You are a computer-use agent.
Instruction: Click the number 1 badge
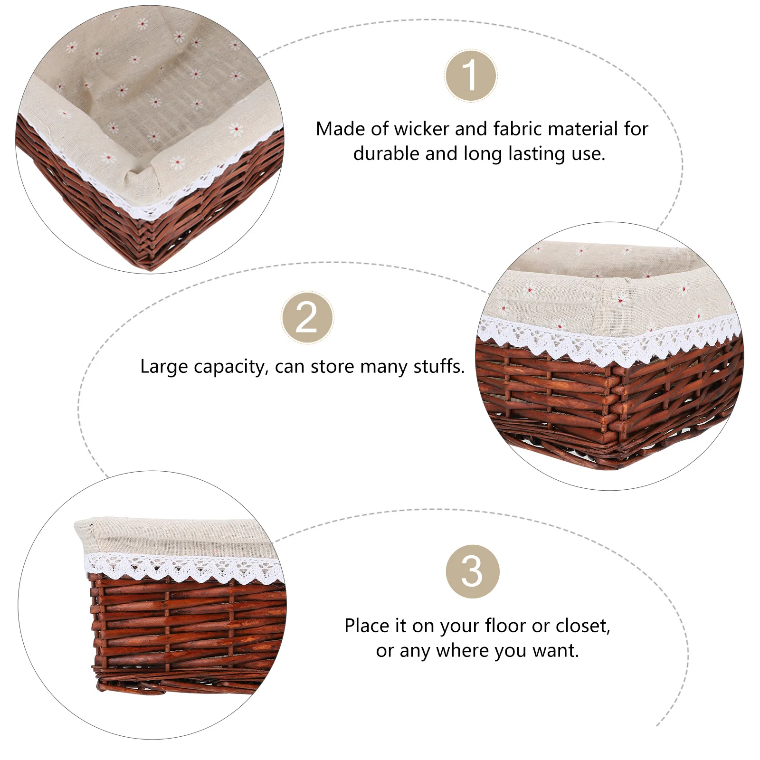point(471,76)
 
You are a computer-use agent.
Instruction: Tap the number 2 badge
point(307,318)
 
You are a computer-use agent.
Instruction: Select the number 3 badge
point(473,571)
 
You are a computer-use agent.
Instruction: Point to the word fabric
point(517,129)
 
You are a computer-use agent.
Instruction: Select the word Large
point(164,367)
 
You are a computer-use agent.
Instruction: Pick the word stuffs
point(439,366)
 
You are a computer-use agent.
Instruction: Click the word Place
point(367,626)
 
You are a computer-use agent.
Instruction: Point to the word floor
point(505,626)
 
